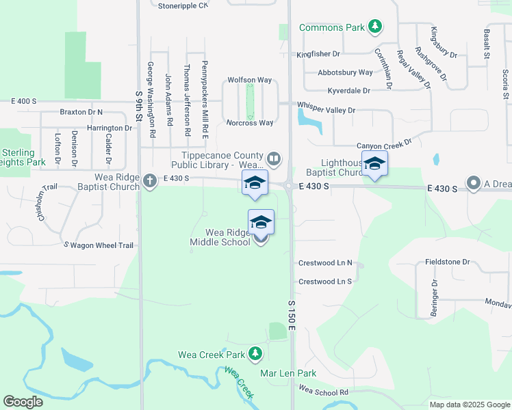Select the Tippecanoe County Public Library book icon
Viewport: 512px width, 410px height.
274,159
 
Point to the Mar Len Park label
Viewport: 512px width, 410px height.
288,373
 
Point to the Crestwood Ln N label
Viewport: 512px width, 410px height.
324,263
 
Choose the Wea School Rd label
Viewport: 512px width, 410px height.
324,392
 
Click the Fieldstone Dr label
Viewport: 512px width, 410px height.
447,262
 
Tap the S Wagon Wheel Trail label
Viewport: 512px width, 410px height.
99,245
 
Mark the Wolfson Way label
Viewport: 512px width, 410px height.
250,79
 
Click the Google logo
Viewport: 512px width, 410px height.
23,402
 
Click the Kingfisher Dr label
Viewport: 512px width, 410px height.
318,54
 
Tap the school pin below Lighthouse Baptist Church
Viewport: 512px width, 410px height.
374,164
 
